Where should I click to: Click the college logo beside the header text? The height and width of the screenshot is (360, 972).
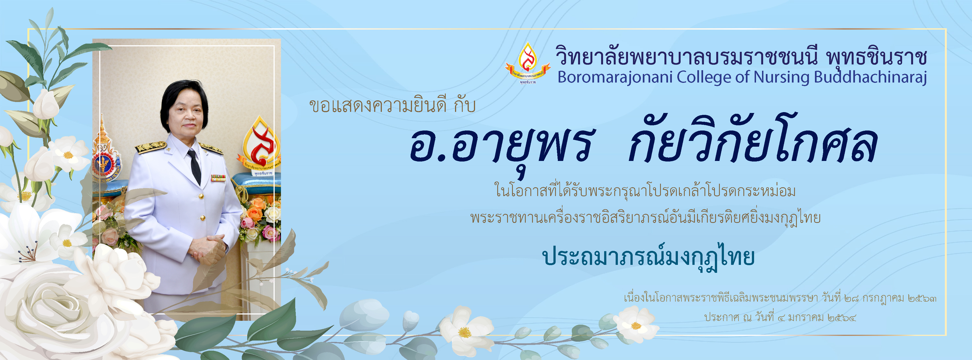click(527, 63)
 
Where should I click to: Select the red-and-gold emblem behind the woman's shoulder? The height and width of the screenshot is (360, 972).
click(259, 145)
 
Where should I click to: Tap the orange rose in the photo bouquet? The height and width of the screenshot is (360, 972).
click(255, 214)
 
